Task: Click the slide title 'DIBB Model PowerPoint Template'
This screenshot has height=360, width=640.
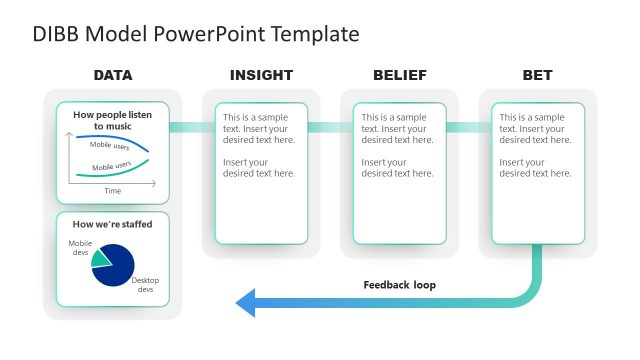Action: click(195, 34)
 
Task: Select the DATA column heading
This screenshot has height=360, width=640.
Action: click(113, 75)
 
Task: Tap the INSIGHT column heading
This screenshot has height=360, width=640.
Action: click(261, 75)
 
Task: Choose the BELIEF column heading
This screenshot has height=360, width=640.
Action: click(399, 75)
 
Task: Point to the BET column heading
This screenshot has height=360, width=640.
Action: click(537, 75)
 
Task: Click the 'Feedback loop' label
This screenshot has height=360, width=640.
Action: click(399, 285)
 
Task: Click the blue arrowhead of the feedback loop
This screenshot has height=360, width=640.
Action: click(246, 301)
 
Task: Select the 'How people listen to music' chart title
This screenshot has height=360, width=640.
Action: click(113, 120)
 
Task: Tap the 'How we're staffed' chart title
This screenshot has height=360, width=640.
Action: click(113, 224)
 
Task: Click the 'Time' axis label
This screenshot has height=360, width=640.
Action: click(113, 190)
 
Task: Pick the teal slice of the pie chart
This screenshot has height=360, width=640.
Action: click(101, 259)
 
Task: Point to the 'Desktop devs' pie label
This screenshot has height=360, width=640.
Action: click(145, 285)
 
